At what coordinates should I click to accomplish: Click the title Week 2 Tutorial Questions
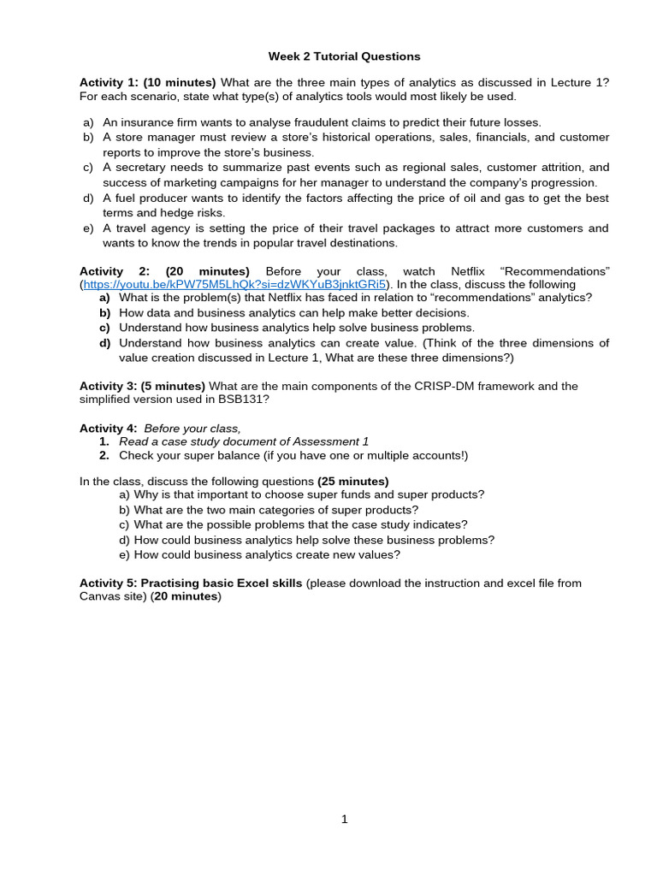point(345,56)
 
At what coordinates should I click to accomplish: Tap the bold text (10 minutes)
point(180,82)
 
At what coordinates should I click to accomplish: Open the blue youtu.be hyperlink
point(235,284)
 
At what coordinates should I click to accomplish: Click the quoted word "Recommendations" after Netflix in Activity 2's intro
point(554,271)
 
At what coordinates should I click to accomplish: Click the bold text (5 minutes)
point(174,386)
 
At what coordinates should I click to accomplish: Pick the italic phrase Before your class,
point(192,428)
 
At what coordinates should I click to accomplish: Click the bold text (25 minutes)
point(353,482)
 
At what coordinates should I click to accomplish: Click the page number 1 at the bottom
point(345,820)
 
